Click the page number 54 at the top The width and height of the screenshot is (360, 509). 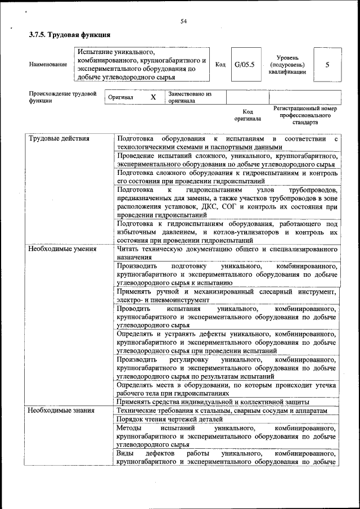[x=183, y=21]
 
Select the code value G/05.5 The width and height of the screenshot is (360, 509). [x=244, y=65]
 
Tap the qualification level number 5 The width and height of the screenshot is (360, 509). [x=327, y=65]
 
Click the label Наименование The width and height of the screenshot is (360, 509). [x=48, y=65]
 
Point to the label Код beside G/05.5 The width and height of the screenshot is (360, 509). [x=220, y=65]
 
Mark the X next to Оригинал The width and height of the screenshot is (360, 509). [x=153, y=97]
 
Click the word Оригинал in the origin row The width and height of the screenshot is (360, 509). [x=121, y=97]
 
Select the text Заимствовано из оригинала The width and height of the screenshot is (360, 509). [x=190, y=97]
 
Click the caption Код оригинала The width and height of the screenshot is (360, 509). [x=247, y=115]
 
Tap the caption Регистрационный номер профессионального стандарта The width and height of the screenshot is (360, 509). [x=305, y=115]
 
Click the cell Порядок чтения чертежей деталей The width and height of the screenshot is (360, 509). [x=170, y=419]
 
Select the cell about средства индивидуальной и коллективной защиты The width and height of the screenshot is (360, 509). [x=213, y=402]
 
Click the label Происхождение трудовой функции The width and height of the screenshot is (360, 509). [x=62, y=97]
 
